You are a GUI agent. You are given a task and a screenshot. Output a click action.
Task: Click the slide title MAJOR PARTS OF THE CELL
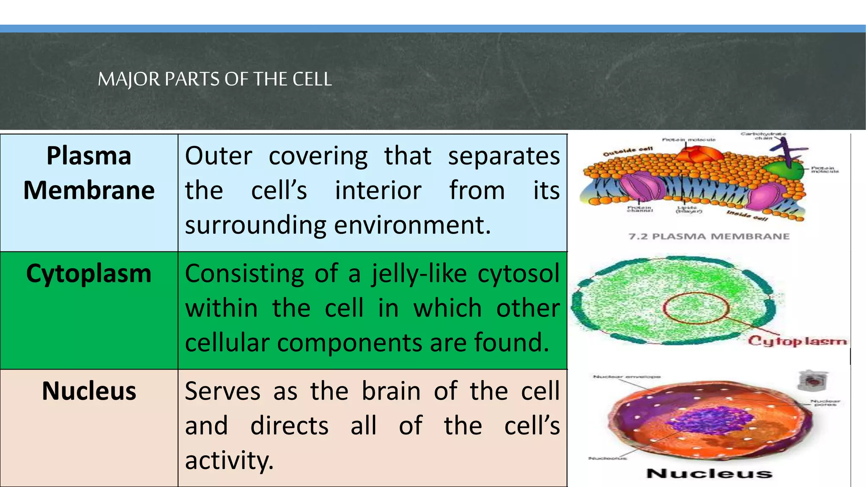(215, 79)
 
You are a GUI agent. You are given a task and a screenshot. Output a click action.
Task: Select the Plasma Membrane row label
(89, 173)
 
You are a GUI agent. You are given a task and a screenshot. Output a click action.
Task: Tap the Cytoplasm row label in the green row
(89, 274)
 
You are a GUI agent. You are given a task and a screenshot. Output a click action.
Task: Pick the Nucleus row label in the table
(89, 391)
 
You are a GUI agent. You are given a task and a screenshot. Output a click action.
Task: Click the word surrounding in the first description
(255, 225)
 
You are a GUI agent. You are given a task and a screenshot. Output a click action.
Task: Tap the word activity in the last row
(229, 460)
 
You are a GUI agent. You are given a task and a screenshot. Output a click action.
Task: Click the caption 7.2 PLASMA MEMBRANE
(709, 236)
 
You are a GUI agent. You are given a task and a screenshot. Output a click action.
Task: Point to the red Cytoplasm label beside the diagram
(797, 341)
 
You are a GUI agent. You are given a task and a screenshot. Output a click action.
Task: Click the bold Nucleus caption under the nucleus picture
(709, 473)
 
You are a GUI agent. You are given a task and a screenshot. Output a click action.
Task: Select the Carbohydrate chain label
(763, 136)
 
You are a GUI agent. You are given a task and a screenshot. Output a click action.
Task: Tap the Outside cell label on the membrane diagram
(628, 151)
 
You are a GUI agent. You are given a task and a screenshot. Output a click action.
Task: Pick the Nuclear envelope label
(627, 377)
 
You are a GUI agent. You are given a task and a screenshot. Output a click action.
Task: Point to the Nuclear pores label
(825, 403)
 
